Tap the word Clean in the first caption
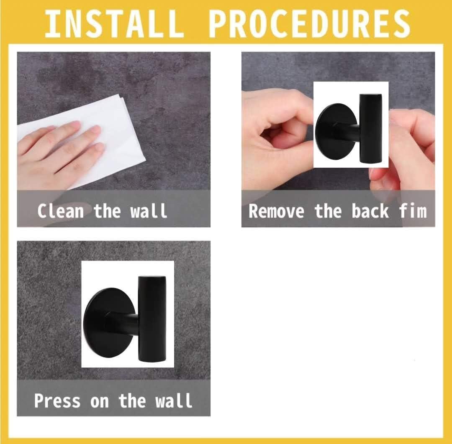click(x=61, y=211)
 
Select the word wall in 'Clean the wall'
click(x=149, y=211)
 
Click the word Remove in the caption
click(x=276, y=211)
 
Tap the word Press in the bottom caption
click(x=57, y=400)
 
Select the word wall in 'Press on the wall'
click(x=174, y=400)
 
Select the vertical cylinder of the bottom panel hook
click(x=152, y=318)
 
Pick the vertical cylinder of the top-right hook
click(x=370, y=130)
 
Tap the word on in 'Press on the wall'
click(x=100, y=400)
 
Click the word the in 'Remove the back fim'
click(x=328, y=211)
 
